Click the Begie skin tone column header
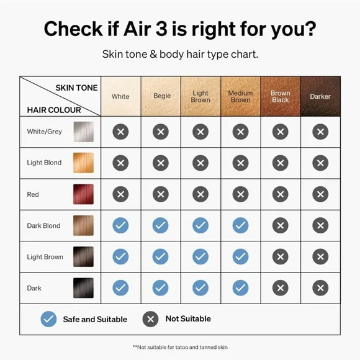161,96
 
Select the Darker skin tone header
320,96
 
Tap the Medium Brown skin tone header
241,96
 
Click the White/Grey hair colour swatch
83,132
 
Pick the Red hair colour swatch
83,194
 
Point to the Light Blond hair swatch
83,163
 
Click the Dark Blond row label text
43,226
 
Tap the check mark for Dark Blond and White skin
120,225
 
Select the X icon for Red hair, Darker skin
320,194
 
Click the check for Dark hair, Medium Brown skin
240,287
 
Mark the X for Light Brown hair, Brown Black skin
281,256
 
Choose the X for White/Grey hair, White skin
120,132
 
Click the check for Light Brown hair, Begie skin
161,256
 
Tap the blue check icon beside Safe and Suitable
48,319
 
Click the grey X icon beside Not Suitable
150,319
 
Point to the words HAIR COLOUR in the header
54,110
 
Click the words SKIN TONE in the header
76,88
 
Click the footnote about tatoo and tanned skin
180,347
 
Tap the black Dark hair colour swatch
83,288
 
